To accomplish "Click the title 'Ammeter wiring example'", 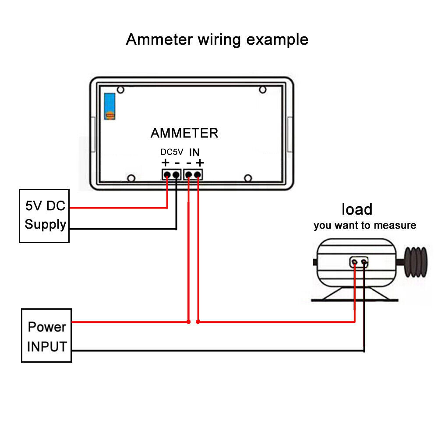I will point(217,39).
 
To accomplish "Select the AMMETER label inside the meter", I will point(184,133).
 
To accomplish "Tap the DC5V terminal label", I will point(172,152).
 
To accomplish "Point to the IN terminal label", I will point(194,152).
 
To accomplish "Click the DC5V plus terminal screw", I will point(167,175).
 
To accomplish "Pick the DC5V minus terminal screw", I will point(176,175).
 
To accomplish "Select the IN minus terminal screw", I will point(189,175).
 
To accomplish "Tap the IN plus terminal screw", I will point(198,175).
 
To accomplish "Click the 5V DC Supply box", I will point(44,215).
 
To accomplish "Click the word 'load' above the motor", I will point(357,209).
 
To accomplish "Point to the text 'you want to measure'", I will point(365,226).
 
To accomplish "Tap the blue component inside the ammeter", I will point(109,106).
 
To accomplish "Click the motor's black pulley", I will point(415,262).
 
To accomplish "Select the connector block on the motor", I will point(359,262).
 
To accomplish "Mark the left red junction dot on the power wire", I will point(188,322).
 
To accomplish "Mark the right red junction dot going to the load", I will point(198,322).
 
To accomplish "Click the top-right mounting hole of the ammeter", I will point(262,90).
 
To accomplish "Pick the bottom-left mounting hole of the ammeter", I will point(131,178).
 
